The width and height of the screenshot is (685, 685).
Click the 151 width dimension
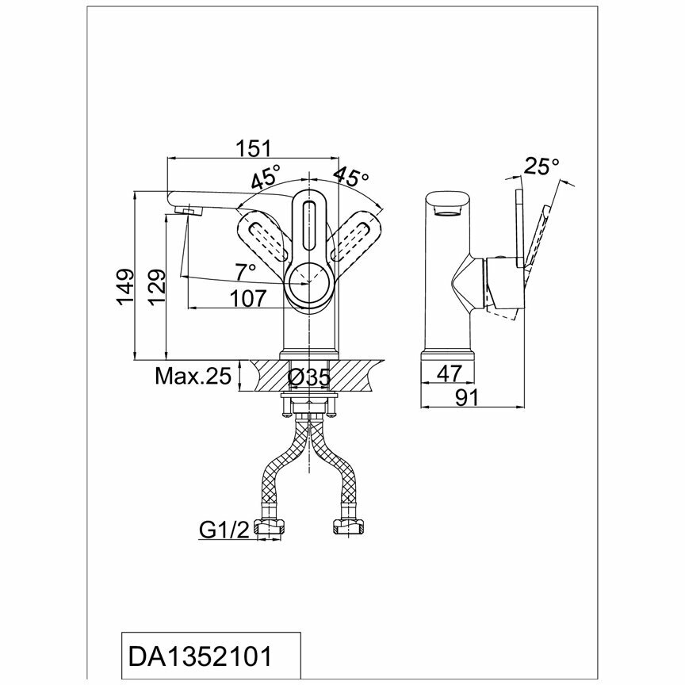(x=254, y=148)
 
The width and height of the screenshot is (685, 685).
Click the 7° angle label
(x=246, y=271)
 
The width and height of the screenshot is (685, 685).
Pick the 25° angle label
(x=542, y=166)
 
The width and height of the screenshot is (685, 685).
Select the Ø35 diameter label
(x=309, y=377)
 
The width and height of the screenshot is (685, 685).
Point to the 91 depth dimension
(x=468, y=398)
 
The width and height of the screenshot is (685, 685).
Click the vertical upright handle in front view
(x=309, y=226)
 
